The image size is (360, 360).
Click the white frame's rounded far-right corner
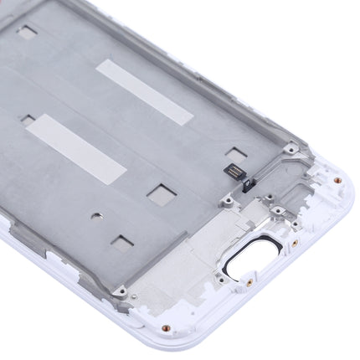point(344,180)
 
